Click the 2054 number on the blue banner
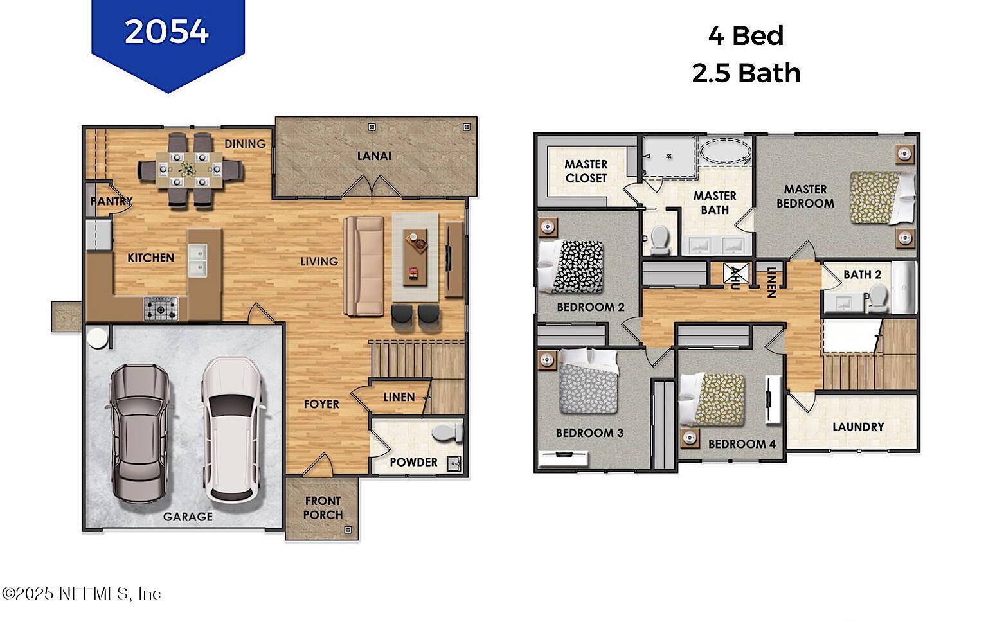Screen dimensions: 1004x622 166,31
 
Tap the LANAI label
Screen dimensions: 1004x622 374,156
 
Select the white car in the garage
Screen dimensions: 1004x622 232,430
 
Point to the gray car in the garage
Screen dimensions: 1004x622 139,433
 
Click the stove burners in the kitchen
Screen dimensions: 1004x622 161,308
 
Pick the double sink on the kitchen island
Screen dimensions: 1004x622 197,260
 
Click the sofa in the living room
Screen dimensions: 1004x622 364,266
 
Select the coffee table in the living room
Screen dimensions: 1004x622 415,257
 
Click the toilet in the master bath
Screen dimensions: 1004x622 659,240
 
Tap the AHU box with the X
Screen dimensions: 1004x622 736,273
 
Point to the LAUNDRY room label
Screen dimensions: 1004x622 858,427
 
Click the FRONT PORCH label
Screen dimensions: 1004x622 323,508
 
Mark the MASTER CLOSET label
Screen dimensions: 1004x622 586,171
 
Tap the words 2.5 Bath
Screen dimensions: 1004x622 746,73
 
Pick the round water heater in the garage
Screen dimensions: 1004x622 97,337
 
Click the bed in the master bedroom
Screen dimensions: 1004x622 882,198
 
